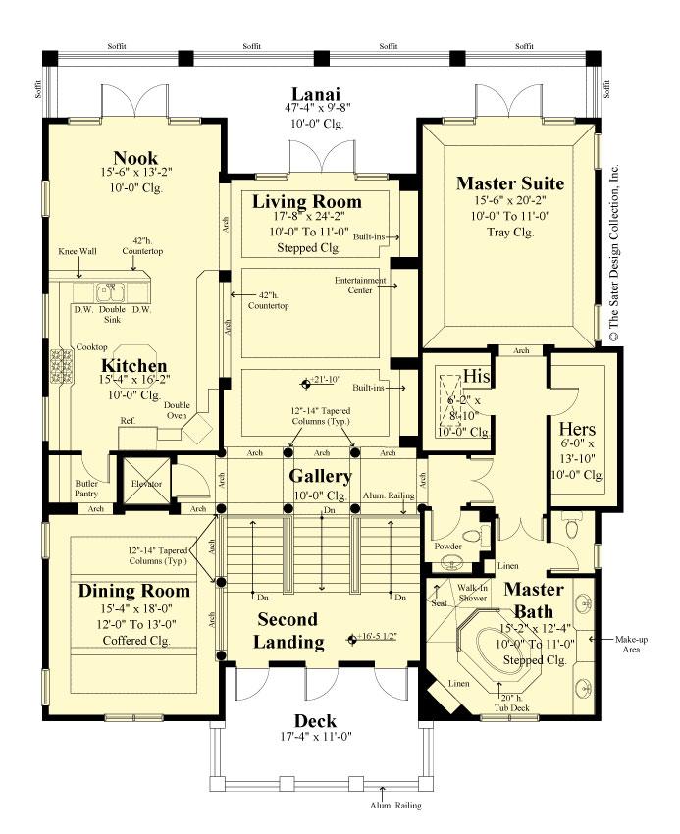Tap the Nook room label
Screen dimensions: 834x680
135,158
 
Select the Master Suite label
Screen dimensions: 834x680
509,182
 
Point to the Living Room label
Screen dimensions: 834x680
306,202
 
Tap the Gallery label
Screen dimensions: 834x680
319,476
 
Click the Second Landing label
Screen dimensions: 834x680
288,631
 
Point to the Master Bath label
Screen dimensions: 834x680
534,598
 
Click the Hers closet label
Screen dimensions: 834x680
577,430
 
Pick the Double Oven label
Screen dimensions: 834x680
177,410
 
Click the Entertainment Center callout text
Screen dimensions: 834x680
361,285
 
